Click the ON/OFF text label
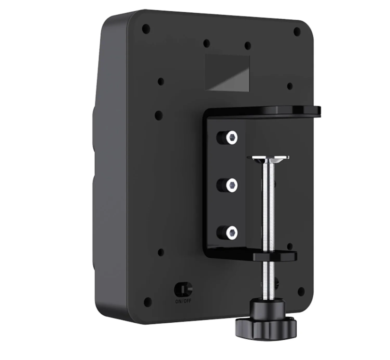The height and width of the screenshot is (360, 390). click(183, 301)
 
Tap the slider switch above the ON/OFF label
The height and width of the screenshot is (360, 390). click(183, 288)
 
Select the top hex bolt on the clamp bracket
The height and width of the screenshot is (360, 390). click(231, 138)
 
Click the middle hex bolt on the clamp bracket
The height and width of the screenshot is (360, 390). click(231, 185)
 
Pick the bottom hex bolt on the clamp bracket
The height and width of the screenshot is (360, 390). click(231, 232)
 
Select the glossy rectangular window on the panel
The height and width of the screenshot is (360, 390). click(228, 73)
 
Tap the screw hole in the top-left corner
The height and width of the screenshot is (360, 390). click(146, 29)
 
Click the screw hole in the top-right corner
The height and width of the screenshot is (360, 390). click(297, 32)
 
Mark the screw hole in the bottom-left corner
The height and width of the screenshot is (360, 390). click(147, 302)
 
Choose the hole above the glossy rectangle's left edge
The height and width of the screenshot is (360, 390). click(206, 44)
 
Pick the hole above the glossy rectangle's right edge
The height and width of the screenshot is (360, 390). click(248, 46)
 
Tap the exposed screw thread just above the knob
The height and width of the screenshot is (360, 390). click(267, 287)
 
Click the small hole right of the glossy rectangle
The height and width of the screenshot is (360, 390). click(290, 86)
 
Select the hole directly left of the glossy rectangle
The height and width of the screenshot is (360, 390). click(161, 81)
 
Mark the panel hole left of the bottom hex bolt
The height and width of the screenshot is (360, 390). click(161, 252)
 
